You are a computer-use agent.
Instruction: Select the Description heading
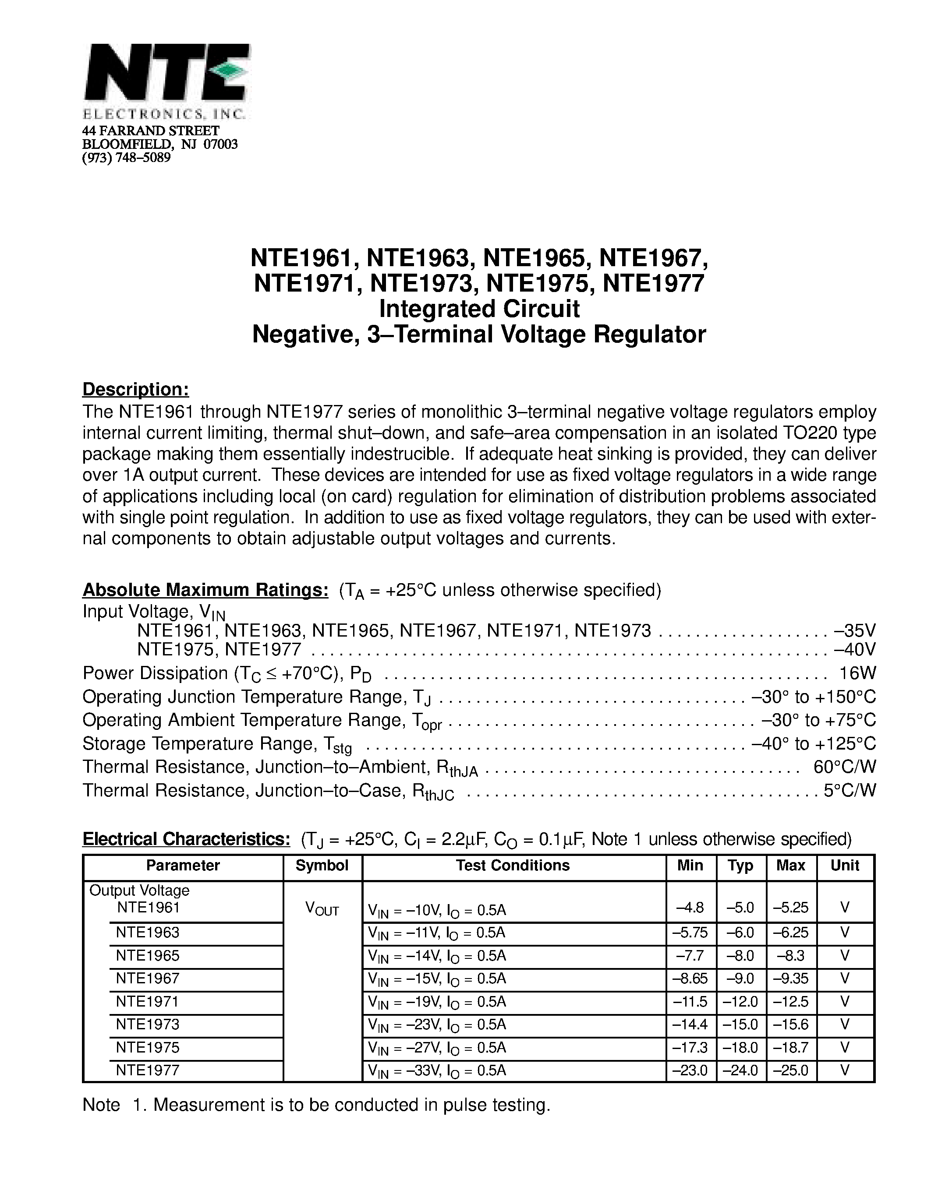point(136,389)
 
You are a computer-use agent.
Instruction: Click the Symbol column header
point(322,866)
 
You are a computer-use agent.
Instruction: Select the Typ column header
point(740,866)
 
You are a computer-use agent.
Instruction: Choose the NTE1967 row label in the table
point(148,979)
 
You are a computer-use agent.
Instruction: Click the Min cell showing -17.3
point(690,1047)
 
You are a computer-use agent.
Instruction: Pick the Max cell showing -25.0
point(790,1070)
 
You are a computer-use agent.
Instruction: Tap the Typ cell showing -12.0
point(740,1002)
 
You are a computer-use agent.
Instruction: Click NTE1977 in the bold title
point(654,283)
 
